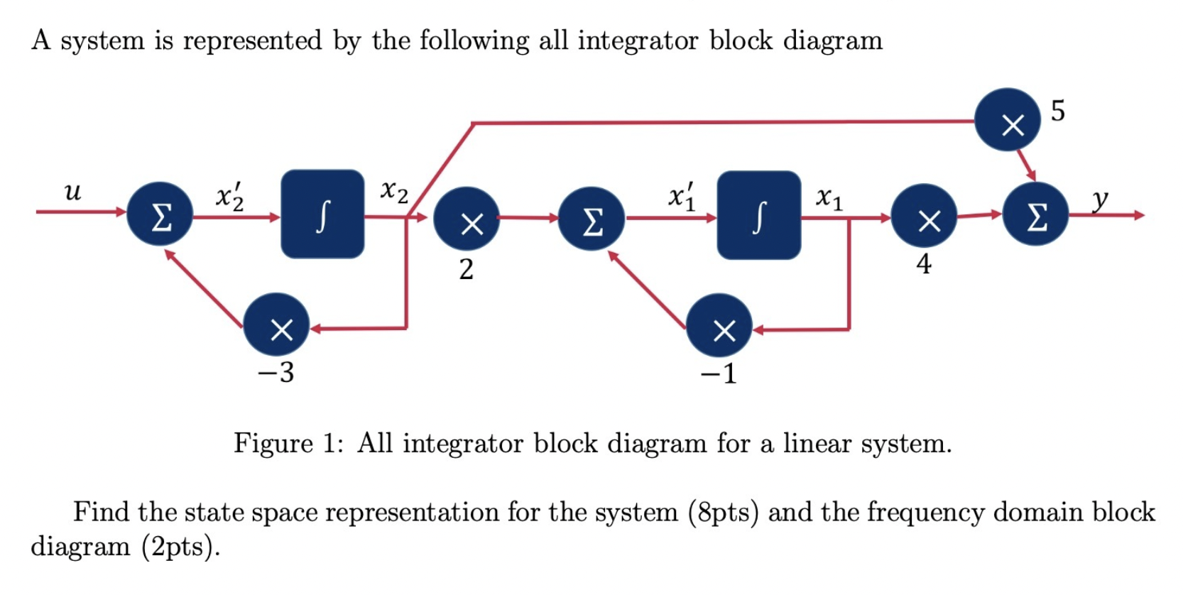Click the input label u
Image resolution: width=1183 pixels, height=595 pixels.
pyautogui.click(x=72, y=192)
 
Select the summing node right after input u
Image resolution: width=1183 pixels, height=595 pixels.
pyautogui.click(x=160, y=214)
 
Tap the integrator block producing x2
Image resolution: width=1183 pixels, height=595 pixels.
pyautogui.click(x=322, y=214)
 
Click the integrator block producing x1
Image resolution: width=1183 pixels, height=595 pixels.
pyautogui.click(x=758, y=215)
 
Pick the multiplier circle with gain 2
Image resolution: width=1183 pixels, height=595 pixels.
pyautogui.click(x=467, y=218)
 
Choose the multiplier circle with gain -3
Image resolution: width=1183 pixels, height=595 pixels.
pyautogui.click(x=276, y=325)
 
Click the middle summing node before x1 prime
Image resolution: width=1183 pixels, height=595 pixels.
pyautogui.click(x=591, y=219)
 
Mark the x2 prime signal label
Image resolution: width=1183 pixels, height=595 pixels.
pyautogui.click(x=230, y=197)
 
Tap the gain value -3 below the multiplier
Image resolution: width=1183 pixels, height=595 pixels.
pyautogui.click(x=276, y=372)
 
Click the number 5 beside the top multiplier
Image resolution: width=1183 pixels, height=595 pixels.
pyautogui.click(x=1057, y=111)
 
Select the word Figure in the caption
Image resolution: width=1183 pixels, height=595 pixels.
pyautogui.click(x=273, y=444)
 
